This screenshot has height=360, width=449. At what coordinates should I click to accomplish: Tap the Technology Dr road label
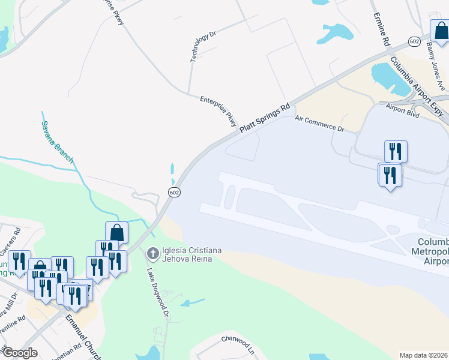pos(202,47)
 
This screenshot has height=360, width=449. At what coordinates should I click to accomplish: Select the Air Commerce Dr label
pos(320,124)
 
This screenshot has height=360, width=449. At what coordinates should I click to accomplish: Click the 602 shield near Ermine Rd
pos(414,41)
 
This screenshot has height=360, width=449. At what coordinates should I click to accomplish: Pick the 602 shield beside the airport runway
pos(173,192)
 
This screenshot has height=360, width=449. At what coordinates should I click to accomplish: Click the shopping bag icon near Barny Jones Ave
pos(440,30)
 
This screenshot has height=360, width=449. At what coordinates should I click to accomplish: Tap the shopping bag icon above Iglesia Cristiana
pos(116,232)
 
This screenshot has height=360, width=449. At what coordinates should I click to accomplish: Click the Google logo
pos(19,353)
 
